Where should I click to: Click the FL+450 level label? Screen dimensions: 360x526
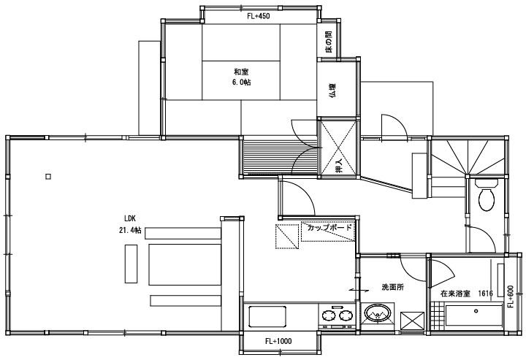(x=260, y=15)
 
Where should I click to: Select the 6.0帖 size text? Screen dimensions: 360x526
(x=243, y=83)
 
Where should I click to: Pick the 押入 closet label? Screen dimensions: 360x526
(x=338, y=166)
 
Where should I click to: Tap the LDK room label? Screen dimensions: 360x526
(x=131, y=218)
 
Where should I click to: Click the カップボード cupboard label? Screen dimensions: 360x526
(x=329, y=228)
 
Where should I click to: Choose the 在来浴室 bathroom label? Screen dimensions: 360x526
(x=456, y=293)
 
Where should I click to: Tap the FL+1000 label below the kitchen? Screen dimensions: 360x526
(x=279, y=341)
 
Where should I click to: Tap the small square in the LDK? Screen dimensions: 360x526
(x=48, y=175)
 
